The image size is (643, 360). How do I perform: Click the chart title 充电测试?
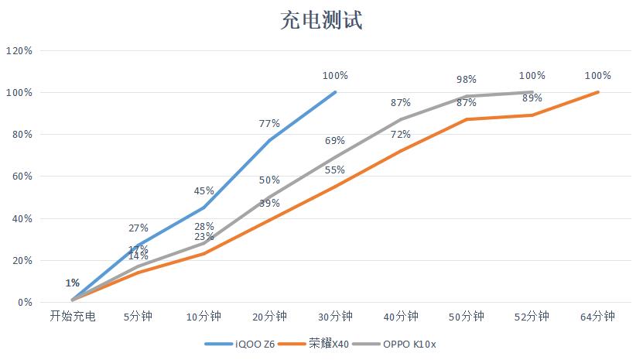[321, 20]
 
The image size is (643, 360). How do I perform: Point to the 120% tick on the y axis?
[19, 50]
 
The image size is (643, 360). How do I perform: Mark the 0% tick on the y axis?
[23, 303]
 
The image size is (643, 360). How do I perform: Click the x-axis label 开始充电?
[73, 317]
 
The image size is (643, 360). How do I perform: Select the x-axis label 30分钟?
[335, 317]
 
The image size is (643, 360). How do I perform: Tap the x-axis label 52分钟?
[532, 317]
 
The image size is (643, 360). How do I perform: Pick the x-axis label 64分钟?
[598, 317]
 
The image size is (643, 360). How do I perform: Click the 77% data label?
[269, 123]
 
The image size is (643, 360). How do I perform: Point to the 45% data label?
[204, 190]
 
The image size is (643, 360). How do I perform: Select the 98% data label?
[467, 80]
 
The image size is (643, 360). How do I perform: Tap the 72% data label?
[401, 134]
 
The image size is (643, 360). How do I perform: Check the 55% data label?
[335, 170]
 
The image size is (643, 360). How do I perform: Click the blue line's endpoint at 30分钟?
[335, 92]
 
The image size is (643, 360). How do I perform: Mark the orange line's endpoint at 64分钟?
[598, 92]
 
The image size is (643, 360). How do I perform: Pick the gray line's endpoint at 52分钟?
[532, 92]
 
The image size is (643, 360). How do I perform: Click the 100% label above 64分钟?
[598, 76]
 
